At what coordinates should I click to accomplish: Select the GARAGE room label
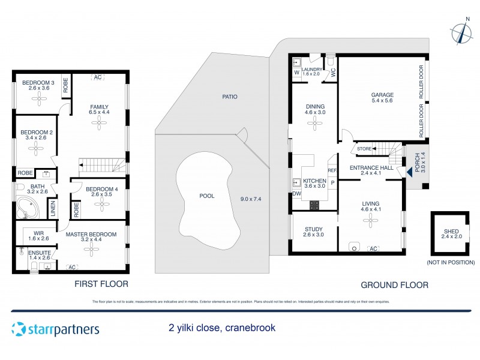(382, 95)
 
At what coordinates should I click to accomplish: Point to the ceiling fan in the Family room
(99, 123)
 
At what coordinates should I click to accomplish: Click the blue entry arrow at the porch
(409, 172)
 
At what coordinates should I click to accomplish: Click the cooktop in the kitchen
(314, 205)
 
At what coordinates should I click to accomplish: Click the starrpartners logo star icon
(19, 329)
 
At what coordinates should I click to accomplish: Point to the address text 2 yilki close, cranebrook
(221, 328)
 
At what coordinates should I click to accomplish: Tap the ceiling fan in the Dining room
(314, 123)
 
